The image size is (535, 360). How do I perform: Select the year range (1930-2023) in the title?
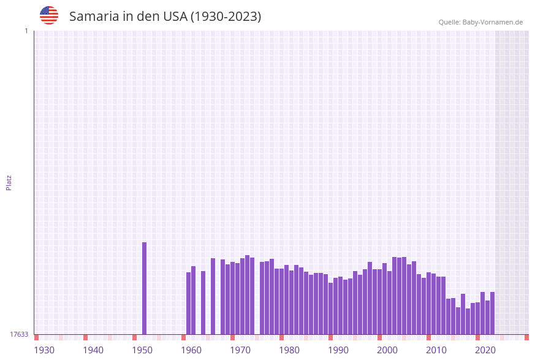coord(226,17)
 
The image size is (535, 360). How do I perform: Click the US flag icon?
coord(49,15)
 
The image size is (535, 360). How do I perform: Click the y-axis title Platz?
coord(9,182)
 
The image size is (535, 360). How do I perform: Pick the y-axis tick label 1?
coord(26,31)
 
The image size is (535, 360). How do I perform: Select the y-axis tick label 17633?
coord(19,334)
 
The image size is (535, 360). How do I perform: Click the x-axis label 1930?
coord(44,350)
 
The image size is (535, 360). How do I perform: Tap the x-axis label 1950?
coord(142,350)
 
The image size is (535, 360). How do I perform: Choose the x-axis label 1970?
coord(240,350)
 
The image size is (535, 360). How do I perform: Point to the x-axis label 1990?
coord(338,350)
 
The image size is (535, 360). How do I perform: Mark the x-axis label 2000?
coord(387,350)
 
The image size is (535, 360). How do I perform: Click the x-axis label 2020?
coord(485,350)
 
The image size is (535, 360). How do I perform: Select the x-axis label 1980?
coord(289,350)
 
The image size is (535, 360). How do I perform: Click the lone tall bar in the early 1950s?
coord(145,288)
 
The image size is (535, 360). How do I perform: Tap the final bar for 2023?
coord(492,313)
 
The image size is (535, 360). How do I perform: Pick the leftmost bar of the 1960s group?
coord(189,303)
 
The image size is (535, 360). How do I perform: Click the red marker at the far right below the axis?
coord(526,337)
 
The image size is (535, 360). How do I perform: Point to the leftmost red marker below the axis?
coord(36,337)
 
